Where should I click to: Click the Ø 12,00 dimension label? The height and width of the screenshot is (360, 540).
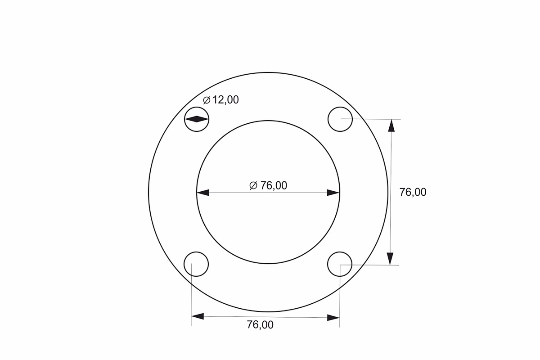tap(221, 100)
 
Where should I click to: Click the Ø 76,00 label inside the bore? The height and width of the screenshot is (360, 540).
tap(268, 186)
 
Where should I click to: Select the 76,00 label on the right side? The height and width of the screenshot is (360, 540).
tap(413, 192)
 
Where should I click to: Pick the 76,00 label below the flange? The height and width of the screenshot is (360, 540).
tap(260, 325)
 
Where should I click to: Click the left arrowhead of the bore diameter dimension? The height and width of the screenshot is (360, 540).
tap(203, 193)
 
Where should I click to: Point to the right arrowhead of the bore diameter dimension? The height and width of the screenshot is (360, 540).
tap(333, 193)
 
